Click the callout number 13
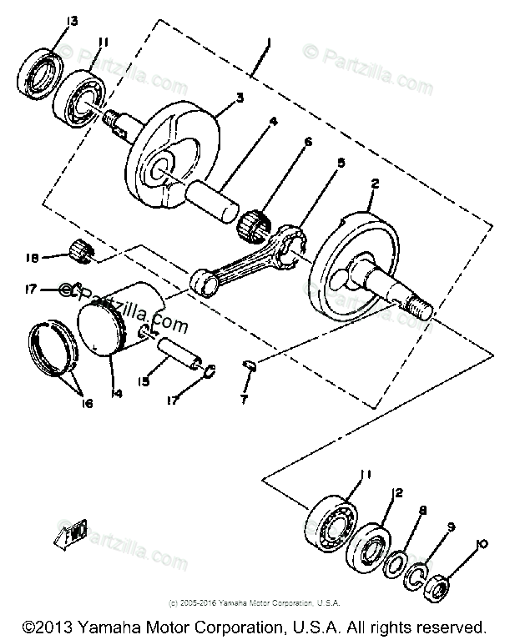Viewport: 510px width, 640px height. pyautogui.click(x=73, y=21)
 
